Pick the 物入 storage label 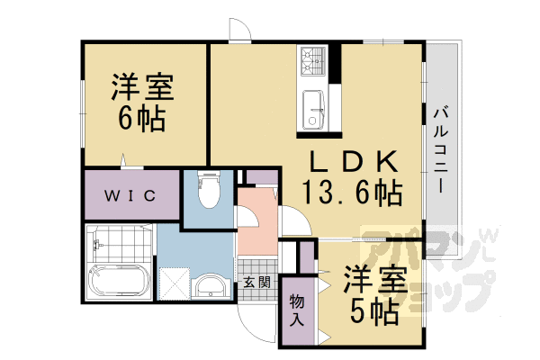(x=297, y=310)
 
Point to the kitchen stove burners (x=311, y=59)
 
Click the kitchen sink (x=312, y=107)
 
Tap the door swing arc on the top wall (x=238, y=29)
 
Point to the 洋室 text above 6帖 (x=141, y=88)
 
